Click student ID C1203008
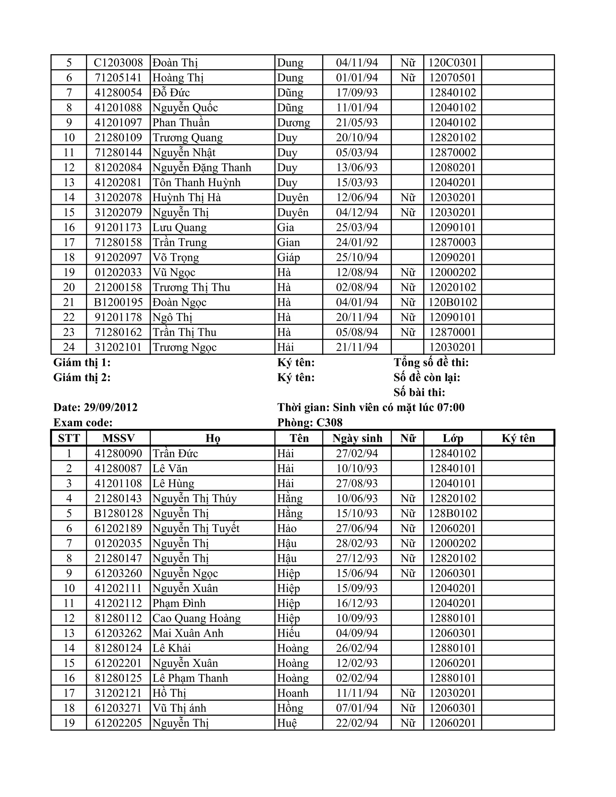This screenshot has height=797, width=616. click(x=118, y=63)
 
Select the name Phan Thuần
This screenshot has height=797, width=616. click(x=181, y=123)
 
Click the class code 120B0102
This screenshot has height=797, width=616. click(x=452, y=302)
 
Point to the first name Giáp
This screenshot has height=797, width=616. click(x=288, y=257)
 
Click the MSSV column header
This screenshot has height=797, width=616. click(x=118, y=438)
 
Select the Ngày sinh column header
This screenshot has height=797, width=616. click(x=357, y=438)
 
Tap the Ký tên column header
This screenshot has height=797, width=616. click(x=518, y=438)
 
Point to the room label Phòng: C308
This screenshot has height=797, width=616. click(x=310, y=423)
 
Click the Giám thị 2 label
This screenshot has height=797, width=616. click(x=82, y=377)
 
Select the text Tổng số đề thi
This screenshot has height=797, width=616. click(x=431, y=362)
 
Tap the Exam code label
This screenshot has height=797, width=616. click(x=83, y=423)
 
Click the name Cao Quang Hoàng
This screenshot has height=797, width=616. click(x=196, y=618)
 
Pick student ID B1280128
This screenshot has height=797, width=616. click(x=118, y=513)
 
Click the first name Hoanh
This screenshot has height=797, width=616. click(x=293, y=693)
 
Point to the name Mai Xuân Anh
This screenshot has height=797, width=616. click(x=188, y=633)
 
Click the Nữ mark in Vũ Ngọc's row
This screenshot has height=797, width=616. click(x=408, y=272)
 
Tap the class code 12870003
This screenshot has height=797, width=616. click(x=452, y=242)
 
